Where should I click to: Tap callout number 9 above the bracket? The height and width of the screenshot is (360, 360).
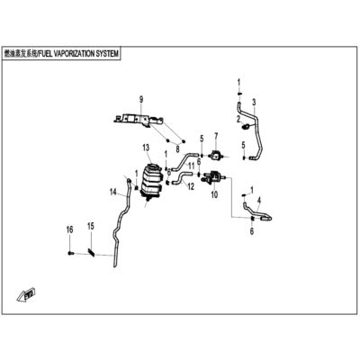(141, 100)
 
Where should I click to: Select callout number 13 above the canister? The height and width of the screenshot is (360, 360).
(146, 148)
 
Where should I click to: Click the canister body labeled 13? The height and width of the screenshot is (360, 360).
(151, 182)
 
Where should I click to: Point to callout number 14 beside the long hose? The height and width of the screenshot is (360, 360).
(113, 192)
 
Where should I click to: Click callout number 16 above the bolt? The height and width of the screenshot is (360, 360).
(69, 229)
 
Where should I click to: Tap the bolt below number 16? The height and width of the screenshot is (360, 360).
(71, 254)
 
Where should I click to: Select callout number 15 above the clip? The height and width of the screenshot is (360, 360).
(91, 226)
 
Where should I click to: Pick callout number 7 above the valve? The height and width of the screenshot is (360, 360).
(216, 137)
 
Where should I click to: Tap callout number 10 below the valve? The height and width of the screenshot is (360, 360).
(214, 195)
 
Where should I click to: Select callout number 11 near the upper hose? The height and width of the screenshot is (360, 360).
(191, 166)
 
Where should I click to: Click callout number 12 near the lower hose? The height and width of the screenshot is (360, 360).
(191, 186)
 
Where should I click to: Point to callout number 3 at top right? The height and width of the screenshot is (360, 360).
(254, 103)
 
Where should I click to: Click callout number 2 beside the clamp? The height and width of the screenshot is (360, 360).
(238, 120)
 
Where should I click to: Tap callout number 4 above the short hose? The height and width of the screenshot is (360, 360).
(259, 200)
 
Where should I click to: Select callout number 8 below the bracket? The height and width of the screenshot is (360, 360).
(177, 148)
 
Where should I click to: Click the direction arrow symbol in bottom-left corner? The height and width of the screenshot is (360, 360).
(26, 293)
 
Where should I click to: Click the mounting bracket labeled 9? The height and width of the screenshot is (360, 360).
(139, 121)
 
